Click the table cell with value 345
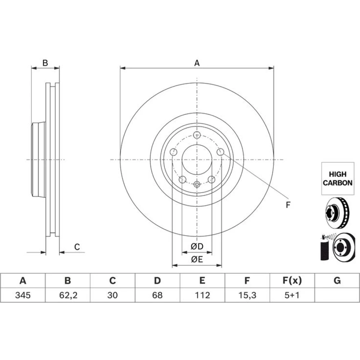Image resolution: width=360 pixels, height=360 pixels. pyautogui.click(x=23, y=295)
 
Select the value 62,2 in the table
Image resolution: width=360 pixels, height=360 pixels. pyautogui.click(x=68, y=295)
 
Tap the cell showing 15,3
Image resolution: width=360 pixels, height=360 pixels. pyautogui.click(x=247, y=295)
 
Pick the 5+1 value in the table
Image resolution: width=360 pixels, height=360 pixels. pyautogui.click(x=292, y=295)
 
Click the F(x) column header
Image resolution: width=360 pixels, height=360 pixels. pyautogui.click(x=292, y=280)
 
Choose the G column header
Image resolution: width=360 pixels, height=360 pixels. pyautogui.click(x=337, y=280)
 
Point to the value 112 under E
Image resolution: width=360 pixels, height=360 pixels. pyautogui.click(x=202, y=295)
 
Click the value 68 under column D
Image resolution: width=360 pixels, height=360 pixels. pyautogui.click(x=157, y=295)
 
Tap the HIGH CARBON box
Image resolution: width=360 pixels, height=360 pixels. pyautogui.click(x=338, y=179)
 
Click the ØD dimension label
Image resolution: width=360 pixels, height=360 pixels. pyautogui.click(x=197, y=246)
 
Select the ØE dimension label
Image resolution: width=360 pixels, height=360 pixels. pyautogui.click(x=197, y=260)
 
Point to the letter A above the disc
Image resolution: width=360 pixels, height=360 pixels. pyautogui.click(x=197, y=63)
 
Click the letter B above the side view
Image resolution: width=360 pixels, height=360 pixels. pyautogui.click(x=45, y=63)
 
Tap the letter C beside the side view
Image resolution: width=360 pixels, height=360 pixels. pyautogui.click(x=77, y=247)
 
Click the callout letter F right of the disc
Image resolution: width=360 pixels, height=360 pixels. pyautogui.click(x=288, y=205)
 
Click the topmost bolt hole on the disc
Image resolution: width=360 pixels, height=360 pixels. pyautogui.click(x=197, y=135)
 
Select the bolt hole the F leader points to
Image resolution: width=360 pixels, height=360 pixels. pyautogui.click(x=220, y=152)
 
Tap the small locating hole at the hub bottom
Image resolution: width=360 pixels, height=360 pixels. pyautogui.click(x=197, y=184)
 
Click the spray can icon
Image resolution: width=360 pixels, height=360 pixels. pyautogui.click(x=324, y=248)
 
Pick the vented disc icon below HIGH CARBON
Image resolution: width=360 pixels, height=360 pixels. pyautogui.click(x=337, y=213)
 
